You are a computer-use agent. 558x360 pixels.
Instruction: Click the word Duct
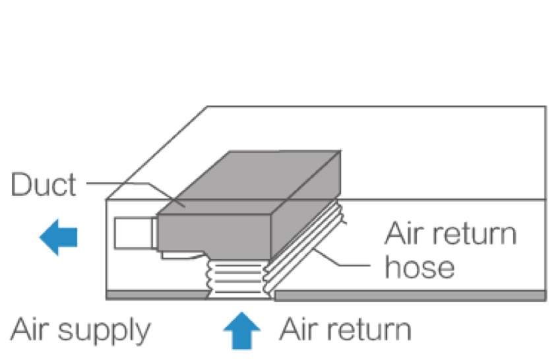[43, 185]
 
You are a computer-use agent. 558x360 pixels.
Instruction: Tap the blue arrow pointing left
[59, 237]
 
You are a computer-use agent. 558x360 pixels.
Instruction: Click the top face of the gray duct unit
[251, 178]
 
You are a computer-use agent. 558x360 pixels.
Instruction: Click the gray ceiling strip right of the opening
[409, 295]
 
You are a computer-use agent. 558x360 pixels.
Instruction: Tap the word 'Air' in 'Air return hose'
[402, 234]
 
